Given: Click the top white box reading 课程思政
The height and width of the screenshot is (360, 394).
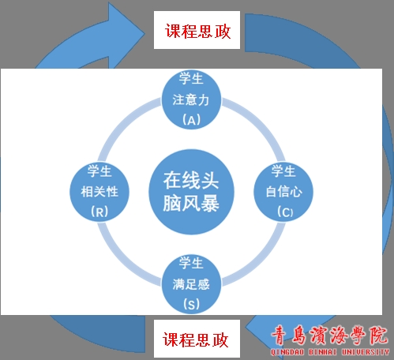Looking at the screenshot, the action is pyautogui.click(x=197, y=30).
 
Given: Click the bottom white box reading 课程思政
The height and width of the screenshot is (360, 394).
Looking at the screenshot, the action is pyautogui.click(x=197, y=339).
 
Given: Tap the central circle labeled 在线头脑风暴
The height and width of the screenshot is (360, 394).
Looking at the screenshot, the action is pyautogui.click(x=191, y=192).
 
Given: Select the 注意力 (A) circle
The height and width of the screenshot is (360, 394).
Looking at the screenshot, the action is pyautogui.click(x=191, y=99).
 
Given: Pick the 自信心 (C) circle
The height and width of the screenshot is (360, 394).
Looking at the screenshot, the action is pyautogui.click(x=283, y=192).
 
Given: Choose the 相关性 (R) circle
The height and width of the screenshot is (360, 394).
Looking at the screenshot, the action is pyautogui.click(x=99, y=192).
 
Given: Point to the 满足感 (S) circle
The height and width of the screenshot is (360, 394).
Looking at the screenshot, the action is pyautogui.click(x=191, y=284).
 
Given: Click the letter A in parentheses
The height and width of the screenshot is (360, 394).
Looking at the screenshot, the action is pyautogui.click(x=192, y=121).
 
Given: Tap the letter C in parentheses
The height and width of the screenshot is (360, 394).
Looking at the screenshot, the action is pyautogui.click(x=285, y=212).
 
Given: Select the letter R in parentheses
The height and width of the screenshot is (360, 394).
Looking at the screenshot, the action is pyautogui.click(x=99, y=212).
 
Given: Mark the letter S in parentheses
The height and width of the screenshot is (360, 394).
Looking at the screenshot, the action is pyautogui.click(x=191, y=305).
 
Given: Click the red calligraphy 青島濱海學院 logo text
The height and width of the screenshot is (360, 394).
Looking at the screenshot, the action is pyautogui.click(x=330, y=336).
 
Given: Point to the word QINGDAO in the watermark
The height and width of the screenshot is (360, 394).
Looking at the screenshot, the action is pyautogui.click(x=287, y=352).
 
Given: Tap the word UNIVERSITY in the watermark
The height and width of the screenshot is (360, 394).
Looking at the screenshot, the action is pyautogui.click(x=366, y=352).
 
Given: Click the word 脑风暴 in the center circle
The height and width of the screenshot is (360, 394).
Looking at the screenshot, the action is pyautogui.click(x=191, y=204).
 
